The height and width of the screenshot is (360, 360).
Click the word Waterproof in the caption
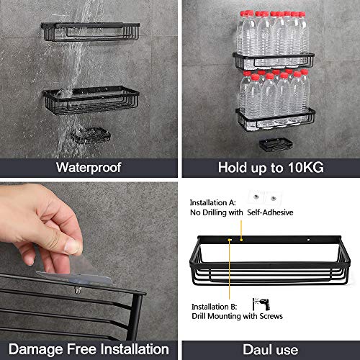coord(89,168)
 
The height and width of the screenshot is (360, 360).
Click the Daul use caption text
coord(270,349)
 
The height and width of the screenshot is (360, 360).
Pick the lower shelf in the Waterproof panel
coord(81,103)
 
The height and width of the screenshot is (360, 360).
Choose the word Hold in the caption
coord(232,168)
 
